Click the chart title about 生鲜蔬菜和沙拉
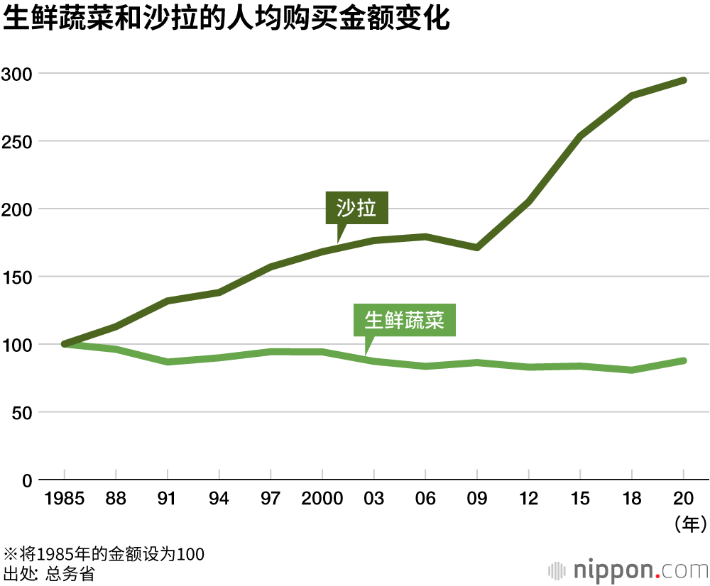click(x=226, y=19)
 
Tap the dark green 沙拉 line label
click(x=356, y=209)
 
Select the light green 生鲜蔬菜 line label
click(x=404, y=321)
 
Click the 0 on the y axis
click(x=27, y=480)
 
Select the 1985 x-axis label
click(x=64, y=499)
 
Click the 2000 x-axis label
click(x=322, y=499)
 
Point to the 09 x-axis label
click(x=477, y=499)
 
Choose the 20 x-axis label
click(x=684, y=499)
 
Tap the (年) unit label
click(x=689, y=525)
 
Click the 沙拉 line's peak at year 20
click(x=684, y=80)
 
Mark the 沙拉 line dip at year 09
click(x=477, y=248)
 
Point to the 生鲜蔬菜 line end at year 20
click(x=684, y=360)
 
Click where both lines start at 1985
click(x=65, y=344)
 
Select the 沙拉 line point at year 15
click(x=580, y=136)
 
